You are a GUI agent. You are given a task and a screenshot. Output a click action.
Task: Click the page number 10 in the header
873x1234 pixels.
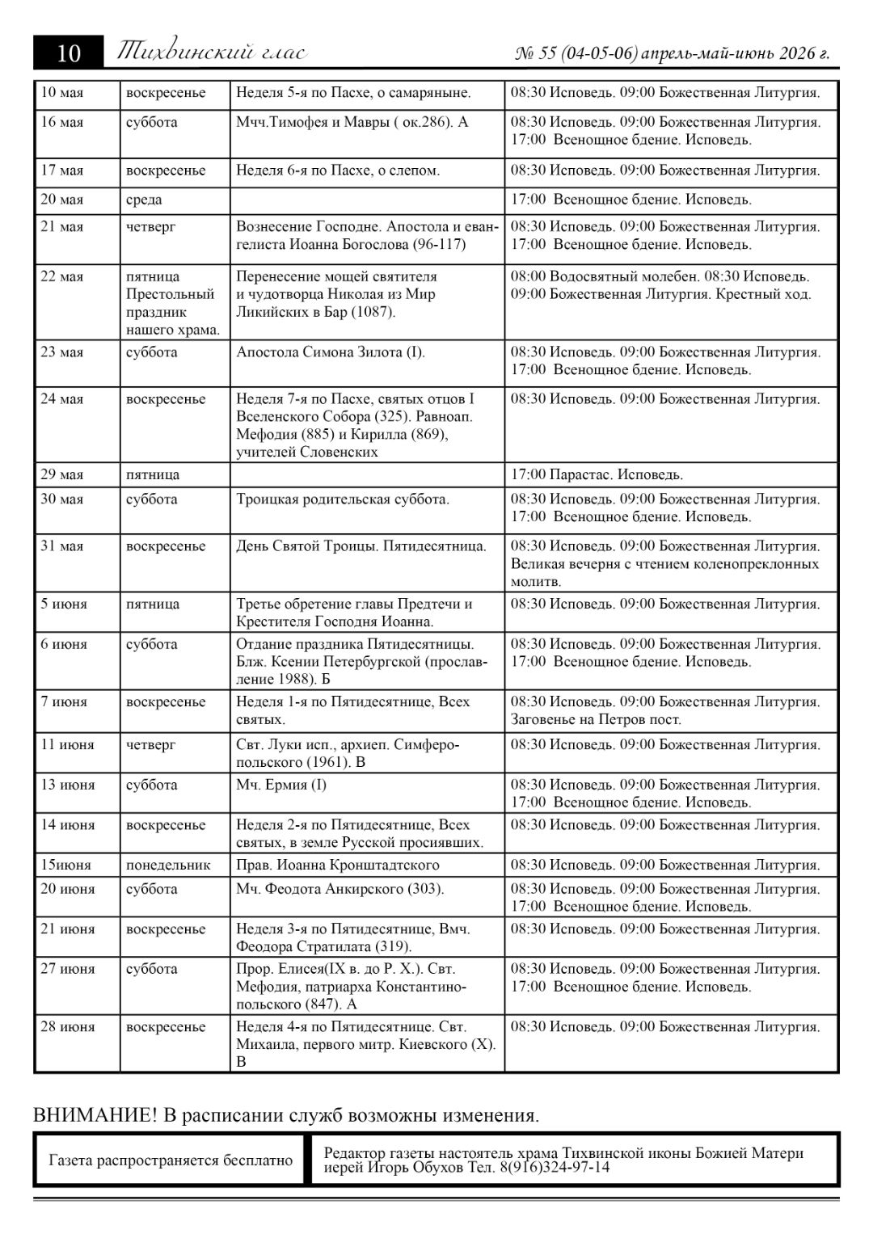[69, 53]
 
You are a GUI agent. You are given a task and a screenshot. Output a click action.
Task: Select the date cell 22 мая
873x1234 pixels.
[62, 276]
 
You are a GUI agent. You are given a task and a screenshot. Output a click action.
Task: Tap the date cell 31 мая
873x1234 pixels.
[62, 546]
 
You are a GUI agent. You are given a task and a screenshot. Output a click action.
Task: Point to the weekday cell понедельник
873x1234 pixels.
[168, 865]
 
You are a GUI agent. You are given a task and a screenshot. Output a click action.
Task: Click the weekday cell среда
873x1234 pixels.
[144, 200]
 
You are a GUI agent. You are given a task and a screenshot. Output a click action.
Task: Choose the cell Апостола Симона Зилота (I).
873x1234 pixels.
[331, 352]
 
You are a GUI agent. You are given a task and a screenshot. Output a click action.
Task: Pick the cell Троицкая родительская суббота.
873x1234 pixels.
[343, 499]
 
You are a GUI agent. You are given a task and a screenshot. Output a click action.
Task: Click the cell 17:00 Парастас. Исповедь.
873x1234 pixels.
[597, 474]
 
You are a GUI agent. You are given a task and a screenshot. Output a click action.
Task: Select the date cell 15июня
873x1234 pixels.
[66, 865]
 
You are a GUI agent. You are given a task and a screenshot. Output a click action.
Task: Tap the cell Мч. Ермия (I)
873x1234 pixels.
[281, 785]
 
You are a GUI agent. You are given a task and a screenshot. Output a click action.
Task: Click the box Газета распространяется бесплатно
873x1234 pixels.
[171, 1160]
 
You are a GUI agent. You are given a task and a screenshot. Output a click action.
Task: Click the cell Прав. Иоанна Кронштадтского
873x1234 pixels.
[338, 865]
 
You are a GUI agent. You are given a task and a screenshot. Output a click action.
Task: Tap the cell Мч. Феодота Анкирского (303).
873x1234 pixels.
[340, 889]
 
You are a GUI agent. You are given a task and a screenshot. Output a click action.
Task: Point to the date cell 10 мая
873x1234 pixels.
[62, 93]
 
